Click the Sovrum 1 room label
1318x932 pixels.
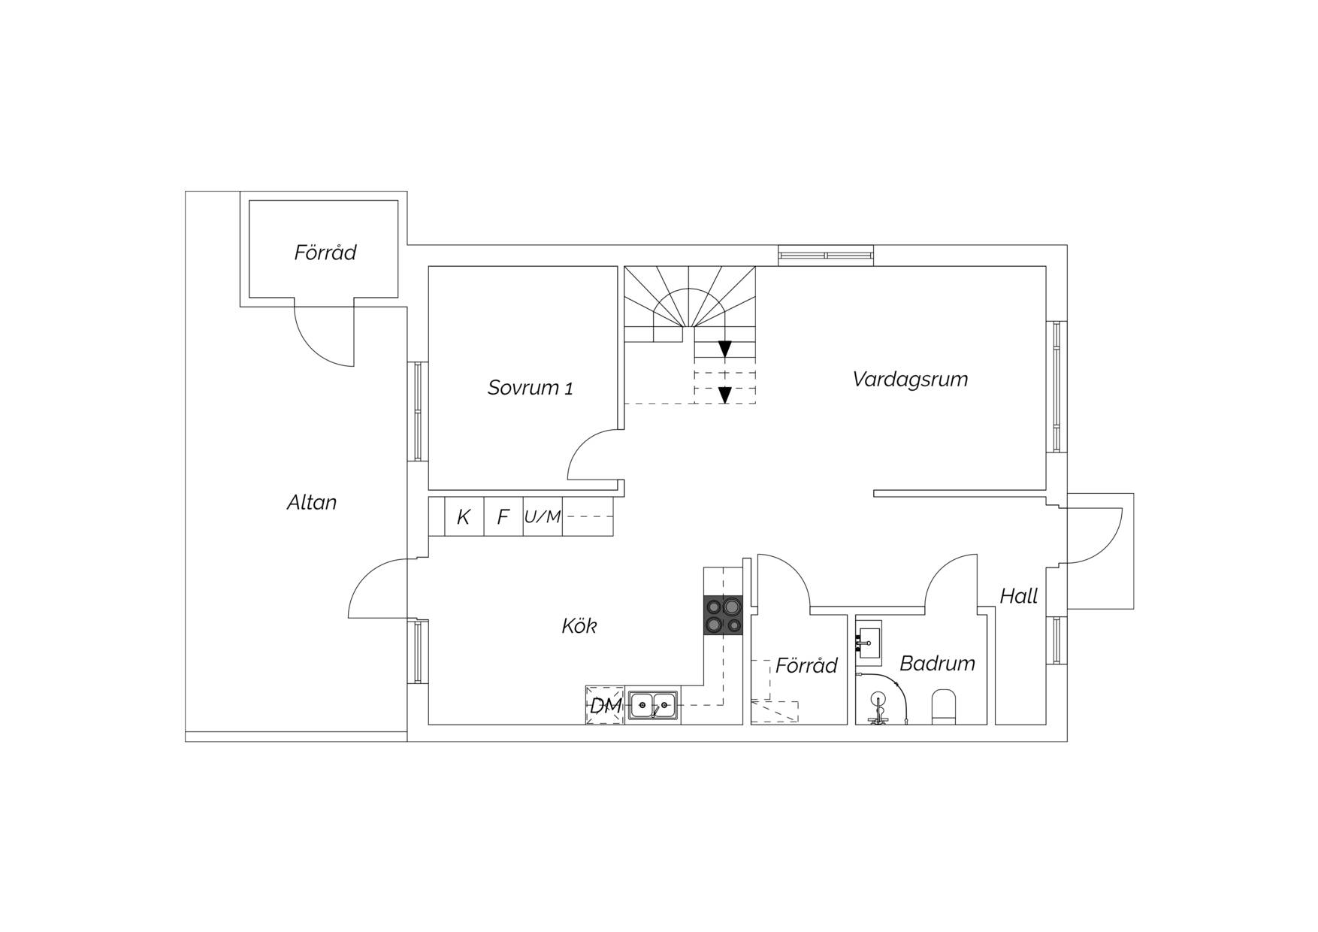pyautogui.click(x=530, y=388)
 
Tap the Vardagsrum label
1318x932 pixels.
pyautogui.click(x=910, y=380)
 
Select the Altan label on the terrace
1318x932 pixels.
pyautogui.click(x=312, y=502)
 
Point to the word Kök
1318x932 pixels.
pyautogui.click(x=579, y=625)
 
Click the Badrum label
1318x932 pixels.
pyautogui.click(x=937, y=663)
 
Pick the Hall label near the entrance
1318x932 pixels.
pyautogui.click(x=1019, y=596)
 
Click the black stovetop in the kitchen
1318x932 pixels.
pyautogui.click(x=724, y=616)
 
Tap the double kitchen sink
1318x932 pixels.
pyautogui.click(x=653, y=705)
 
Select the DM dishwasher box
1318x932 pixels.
pyautogui.click(x=605, y=706)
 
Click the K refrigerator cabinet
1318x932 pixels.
pyautogui.click(x=464, y=516)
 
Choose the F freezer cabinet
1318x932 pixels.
pyautogui.click(x=503, y=516)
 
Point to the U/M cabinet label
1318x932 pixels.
pyautogui.click(x=543, y=517)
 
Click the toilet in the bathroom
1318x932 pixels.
pyautogui.click(x=944, y=707)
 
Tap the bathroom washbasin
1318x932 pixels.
pyautogui.click(x=869, y=643)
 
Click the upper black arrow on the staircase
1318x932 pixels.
pyautogui.click(x=724, y=349)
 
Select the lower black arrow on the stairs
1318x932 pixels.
pyautogui.click(x=724, y=395)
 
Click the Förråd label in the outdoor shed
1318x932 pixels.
pyautogui.click(x=325, y=253)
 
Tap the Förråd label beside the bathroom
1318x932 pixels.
pyautogui.click(x=806, y=665)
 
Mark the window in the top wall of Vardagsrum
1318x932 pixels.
pyautogui.click(x=826, y=256)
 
